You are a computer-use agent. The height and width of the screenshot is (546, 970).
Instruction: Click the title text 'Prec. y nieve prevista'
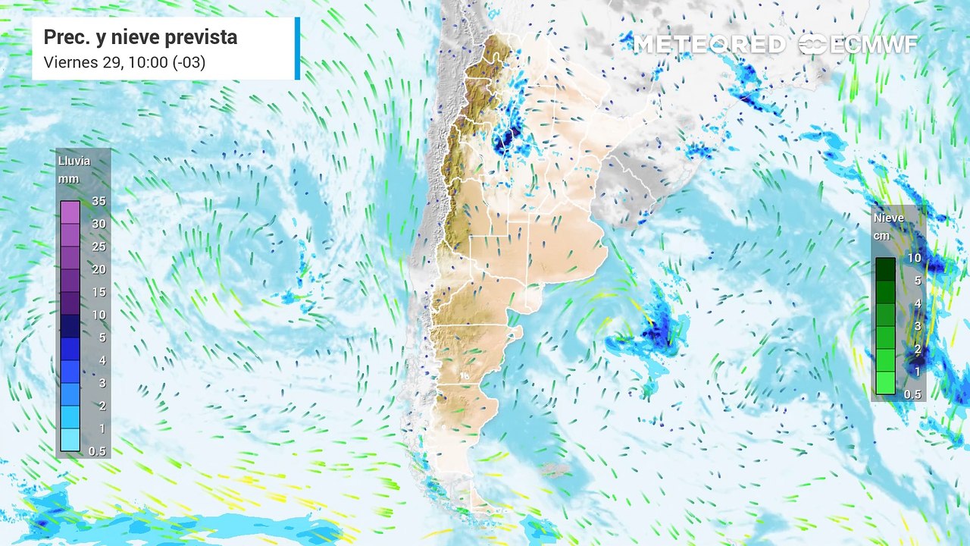140,37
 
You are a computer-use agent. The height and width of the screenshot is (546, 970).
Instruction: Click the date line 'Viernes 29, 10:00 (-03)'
124,62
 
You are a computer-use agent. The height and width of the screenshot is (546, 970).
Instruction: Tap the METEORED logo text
709,45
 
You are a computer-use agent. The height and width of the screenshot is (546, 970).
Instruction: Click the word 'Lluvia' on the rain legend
74,161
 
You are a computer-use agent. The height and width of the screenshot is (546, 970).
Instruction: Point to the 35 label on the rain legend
98,201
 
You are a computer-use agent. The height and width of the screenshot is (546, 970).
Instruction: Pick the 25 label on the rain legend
98,246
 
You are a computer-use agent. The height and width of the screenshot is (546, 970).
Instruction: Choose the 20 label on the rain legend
98,269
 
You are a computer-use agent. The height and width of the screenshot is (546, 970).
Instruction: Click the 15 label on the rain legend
98,292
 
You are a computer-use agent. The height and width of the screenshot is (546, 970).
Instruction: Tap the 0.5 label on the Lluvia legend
98,451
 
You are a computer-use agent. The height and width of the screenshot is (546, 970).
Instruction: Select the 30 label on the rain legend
98,224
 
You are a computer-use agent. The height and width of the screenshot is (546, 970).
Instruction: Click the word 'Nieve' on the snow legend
889,218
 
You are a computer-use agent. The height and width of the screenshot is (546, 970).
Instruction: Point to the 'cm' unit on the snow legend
881,235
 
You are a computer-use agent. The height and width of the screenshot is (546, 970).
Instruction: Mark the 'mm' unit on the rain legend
67,179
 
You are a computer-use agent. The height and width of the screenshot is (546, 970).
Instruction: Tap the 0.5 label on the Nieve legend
913,394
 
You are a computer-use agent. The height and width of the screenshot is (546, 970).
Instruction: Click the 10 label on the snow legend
914,258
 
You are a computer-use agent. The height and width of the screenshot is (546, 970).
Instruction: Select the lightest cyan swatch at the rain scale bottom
70,440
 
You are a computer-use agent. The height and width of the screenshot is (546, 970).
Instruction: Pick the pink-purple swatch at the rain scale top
70,212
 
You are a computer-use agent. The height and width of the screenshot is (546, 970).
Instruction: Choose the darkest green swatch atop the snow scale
885,268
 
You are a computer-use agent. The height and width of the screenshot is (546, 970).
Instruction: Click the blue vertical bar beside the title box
297,49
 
